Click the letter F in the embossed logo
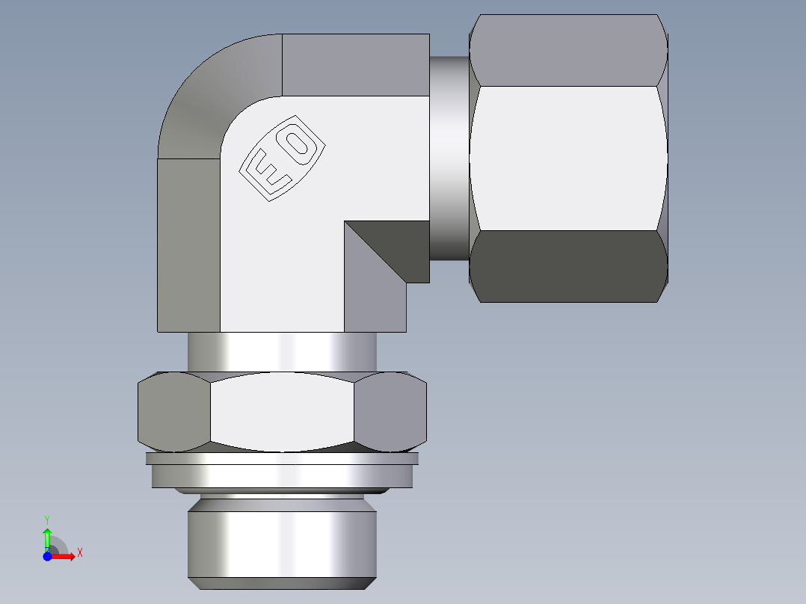point(265,174)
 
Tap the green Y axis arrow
point(47,536)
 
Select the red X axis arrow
point(64,556)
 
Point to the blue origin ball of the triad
point(47,556)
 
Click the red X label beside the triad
point(80,553)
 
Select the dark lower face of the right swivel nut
point(568,266)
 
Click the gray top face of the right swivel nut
point(568,49)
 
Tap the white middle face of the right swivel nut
point(568,158)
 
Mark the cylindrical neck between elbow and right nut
point(449,158)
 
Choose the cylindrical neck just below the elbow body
point(281,351)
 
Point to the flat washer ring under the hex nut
point(283,475)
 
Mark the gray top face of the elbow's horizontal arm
point(355,64)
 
